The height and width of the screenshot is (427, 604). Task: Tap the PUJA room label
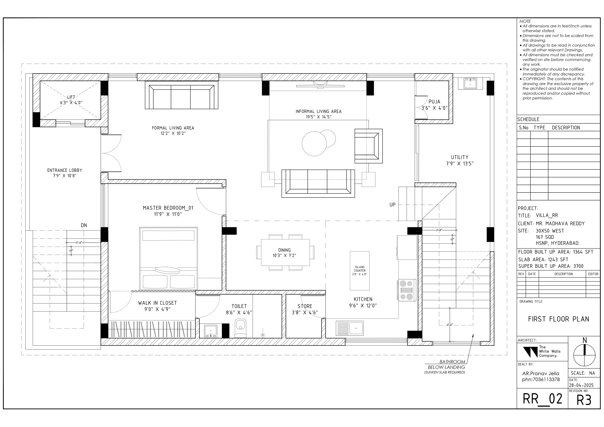coord(434,102)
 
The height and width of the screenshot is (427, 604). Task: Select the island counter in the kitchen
coord(359,271)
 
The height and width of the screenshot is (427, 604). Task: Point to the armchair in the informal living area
coord(368,146)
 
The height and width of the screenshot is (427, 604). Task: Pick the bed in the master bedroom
coord(168,259)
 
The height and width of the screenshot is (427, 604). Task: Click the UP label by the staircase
coord(392,205)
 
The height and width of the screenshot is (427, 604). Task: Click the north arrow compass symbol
coord(584,355)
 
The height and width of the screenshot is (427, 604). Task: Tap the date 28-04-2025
coord(581,385)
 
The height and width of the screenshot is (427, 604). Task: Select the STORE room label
coord(305,306)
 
